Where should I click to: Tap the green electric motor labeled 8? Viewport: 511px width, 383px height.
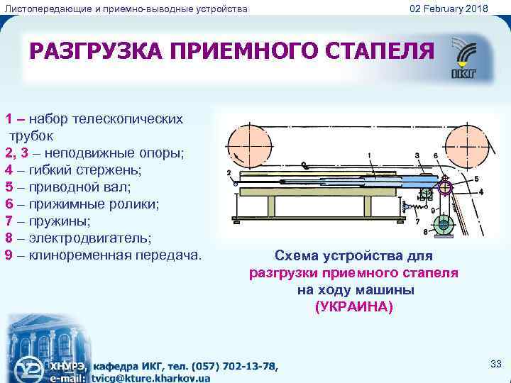coord(445,226)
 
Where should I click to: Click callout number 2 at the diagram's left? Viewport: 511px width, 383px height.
coord(229,172)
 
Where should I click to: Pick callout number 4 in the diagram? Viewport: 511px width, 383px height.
coord(481,191)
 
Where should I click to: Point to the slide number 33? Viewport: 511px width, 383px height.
coord(496,364)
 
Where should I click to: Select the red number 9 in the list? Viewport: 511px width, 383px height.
coord(9,253)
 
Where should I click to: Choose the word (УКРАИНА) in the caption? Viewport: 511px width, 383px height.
coord(353,307)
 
